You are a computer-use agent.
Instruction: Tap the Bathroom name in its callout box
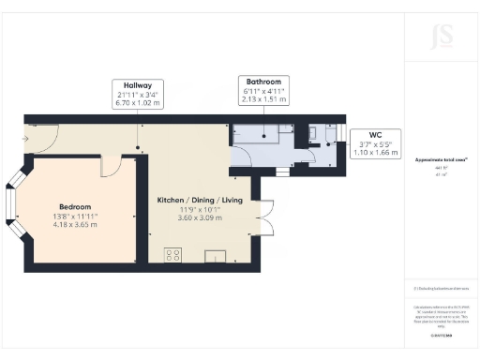tap(262, 82)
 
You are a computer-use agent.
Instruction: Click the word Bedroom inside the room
tap(76, 207)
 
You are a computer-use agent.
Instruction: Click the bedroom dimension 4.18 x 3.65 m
tap(76, 224)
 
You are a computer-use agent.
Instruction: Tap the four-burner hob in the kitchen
tap(173, 253)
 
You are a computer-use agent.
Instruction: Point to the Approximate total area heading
tap(440, 160)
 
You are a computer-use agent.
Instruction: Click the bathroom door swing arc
tap(240, 160)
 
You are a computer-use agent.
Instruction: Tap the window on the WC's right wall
tap(343, 137)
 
